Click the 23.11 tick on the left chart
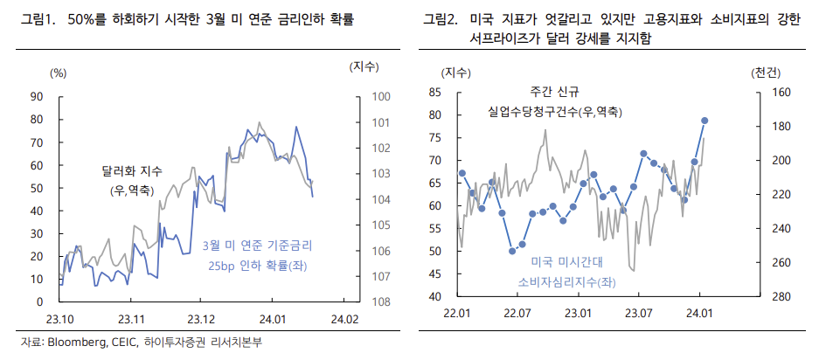[131, 318]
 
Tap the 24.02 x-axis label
[346, 318]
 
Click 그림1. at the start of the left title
[38, 18]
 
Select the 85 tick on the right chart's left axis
[433, 92]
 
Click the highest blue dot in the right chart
[704, 121]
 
